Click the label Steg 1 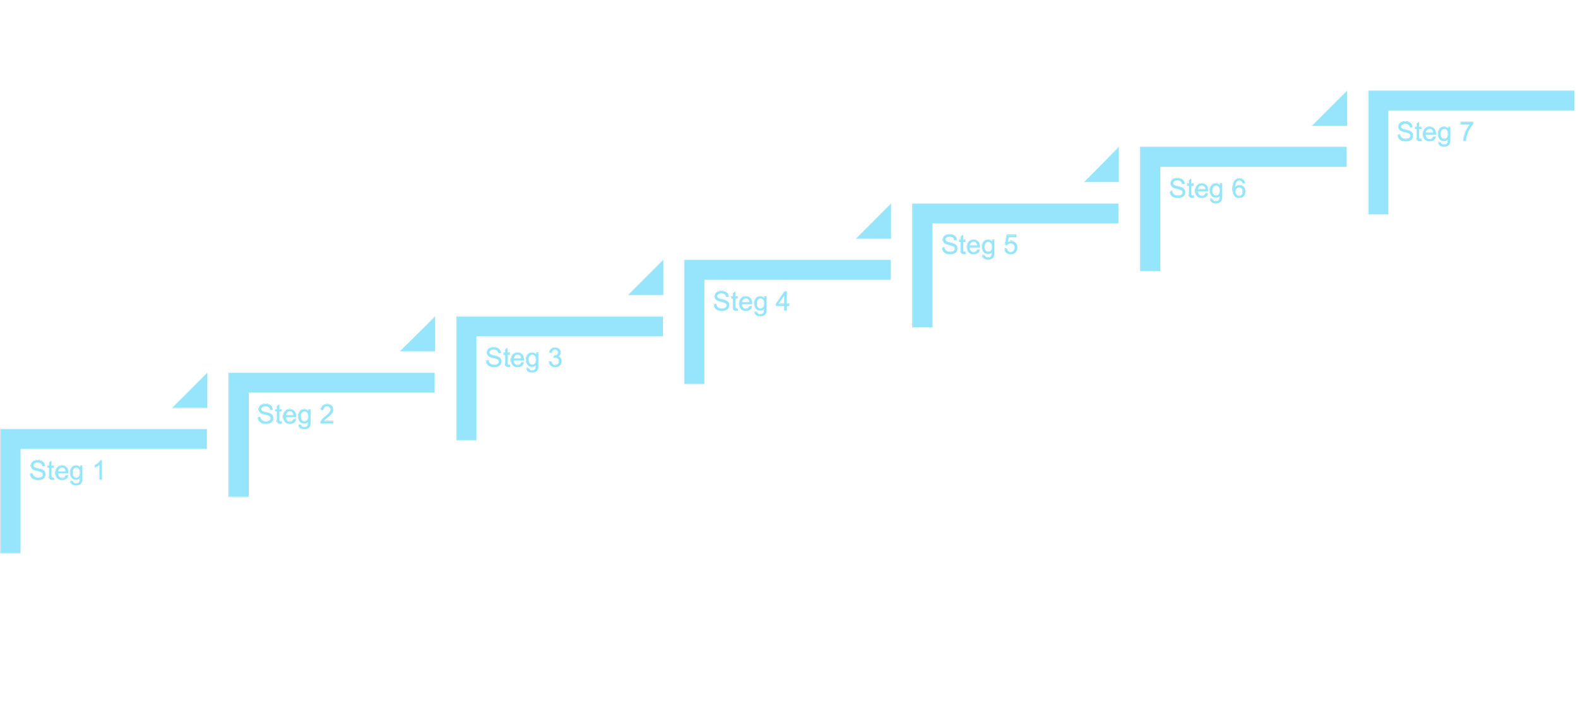pos(66,472)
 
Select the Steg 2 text pos(295,416)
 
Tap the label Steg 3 pos(523,359)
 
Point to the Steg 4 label pos(751,302)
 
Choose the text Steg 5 pos(979,246)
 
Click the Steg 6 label pos(1207,189)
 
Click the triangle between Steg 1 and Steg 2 pos(196,397)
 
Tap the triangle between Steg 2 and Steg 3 pos(424,340)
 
